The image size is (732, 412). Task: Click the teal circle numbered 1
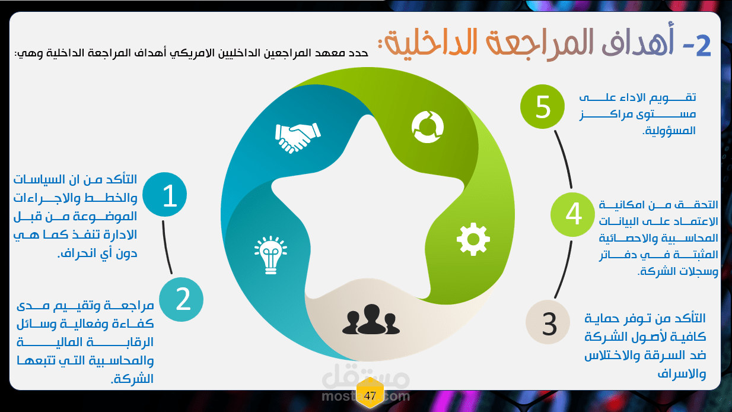[x=165, y=195]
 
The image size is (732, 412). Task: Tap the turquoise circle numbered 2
[x=182, y=300]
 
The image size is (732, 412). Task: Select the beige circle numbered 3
[x=548, y=322]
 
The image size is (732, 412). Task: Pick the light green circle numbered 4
[x=572, y=215]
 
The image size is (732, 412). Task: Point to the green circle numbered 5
[x=542, y=107]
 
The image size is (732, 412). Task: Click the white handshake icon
[x=298, y=138]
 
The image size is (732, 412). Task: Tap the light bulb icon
[x=270, y=255]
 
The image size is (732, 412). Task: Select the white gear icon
[x=473, y=239]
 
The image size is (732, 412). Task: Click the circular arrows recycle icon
[x=428, y=127]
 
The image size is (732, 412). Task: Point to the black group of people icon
[x=371, y=319]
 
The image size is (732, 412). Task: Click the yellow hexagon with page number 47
[x=370, y=395]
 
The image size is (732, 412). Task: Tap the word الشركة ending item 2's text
[x=132, y=379]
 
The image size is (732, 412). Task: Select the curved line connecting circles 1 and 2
[x=166, y=248]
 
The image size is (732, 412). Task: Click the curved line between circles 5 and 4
[x=564, y=159]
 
